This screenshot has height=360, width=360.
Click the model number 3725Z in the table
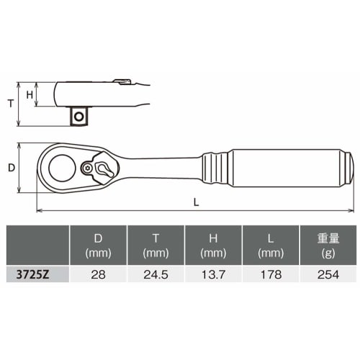point(32,274)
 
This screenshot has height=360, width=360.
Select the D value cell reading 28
point(98,274)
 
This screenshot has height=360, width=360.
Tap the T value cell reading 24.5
point(156,274)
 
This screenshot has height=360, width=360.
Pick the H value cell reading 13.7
point(213,274)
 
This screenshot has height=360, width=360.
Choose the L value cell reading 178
point(271,274)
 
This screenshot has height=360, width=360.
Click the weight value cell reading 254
point(328,274)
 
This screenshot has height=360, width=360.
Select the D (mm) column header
point(98,245)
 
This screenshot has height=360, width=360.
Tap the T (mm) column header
point(156,245)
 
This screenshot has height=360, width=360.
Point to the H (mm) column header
point(213,245)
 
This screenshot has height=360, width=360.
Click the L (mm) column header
point(271,245)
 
